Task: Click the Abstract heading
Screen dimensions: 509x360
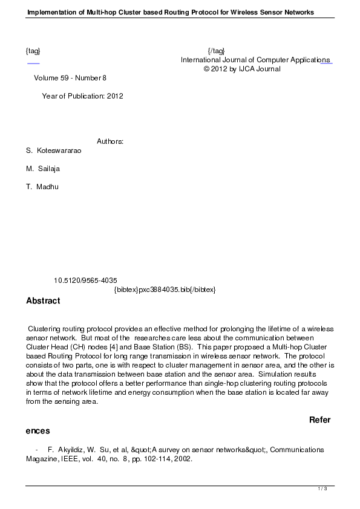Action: pos(43,300)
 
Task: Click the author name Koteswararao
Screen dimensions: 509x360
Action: pos(59,151)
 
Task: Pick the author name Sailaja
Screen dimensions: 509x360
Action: pos(49,169)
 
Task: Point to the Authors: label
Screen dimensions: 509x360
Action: pos(110,141)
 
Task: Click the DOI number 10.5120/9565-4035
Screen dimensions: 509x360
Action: pos(85,280)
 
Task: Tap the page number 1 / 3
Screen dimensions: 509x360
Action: pos(322,488)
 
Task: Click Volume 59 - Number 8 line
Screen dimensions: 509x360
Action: pos(70,78)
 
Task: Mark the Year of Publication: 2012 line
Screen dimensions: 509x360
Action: pos(82,96)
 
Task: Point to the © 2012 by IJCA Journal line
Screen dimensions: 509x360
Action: pos(242,69)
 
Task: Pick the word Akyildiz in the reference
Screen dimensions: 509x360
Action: pos(79,450)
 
